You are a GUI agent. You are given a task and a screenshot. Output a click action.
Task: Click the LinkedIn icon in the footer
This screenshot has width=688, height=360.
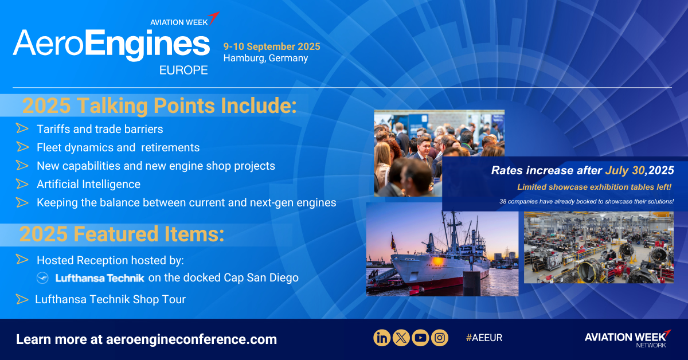[x=382, y=338]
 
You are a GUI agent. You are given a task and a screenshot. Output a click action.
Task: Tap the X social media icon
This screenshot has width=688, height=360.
[x=401, y=338]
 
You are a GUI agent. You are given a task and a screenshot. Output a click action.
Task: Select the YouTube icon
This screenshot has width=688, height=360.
[x=420, y=338]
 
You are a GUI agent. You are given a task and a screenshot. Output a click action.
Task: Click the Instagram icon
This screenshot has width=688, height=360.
[x=440, y=338]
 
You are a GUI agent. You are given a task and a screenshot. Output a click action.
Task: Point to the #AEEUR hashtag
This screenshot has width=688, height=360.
[x=484, y=338]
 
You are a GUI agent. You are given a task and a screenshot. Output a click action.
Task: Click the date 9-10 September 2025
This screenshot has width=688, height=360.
[x=272, y=46]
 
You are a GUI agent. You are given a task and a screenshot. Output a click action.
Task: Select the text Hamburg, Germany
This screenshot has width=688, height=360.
[x=265, y=58]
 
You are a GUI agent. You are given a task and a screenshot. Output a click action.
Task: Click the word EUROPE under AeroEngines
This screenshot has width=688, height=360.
[x=183, y=71]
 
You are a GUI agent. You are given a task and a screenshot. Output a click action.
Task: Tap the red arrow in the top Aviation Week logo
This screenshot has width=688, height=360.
[x=214, y=18]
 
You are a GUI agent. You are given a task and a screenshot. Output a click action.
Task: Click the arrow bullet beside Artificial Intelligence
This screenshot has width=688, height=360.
[x=22, y=184]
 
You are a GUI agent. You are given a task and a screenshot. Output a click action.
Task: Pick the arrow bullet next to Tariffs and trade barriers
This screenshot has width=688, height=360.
[x=22, y=128]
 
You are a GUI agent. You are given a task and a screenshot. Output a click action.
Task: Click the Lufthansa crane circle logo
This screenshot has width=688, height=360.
[x=42, y=277]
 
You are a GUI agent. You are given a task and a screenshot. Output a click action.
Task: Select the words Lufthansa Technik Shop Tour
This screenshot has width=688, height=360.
[x=110, y=299]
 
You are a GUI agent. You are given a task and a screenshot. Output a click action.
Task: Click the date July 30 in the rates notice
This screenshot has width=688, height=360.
[x=625, y=170]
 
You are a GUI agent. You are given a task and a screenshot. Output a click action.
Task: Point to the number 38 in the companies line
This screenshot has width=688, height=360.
[x=503, y=202]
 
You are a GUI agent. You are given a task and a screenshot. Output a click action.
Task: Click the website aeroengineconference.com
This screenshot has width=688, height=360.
[x=191, y=339]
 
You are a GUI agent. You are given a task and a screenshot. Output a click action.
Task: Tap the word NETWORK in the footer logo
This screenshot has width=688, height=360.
[x=651, y=345]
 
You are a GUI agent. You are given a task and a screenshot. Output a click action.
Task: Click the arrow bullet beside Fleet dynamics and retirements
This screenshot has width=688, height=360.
[x=22, y=147]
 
